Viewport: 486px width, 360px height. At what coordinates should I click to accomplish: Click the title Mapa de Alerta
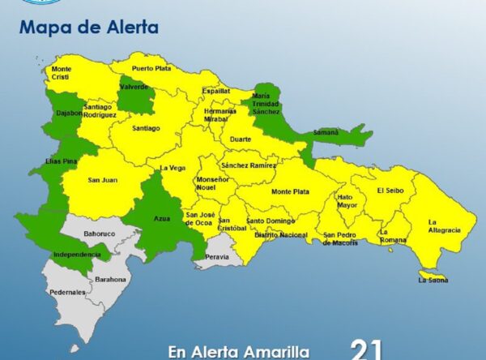click(x=89, y=28)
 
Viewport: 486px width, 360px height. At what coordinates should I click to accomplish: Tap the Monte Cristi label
click(x=62, y=73)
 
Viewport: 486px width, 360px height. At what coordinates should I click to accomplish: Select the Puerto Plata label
click(x=151, y=68)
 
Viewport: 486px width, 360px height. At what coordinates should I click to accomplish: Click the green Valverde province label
click(x=134, y=87)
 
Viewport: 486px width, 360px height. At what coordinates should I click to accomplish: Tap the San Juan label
click(x=100, y=179)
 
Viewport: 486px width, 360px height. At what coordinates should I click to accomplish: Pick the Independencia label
click(x=77, y=254)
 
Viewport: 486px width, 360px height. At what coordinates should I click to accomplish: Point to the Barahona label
click(x=110, y=279)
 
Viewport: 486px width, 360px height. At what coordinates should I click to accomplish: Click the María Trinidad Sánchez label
click(x=266, y=104)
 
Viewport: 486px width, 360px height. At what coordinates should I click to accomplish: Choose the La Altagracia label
click(x=444, y=225)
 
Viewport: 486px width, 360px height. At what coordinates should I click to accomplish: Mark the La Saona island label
click(x=433, y=281)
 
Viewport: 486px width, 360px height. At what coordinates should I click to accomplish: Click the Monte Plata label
click(x=289, y=191)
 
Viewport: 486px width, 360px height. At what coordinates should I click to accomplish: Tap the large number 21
click(x=366, y=349)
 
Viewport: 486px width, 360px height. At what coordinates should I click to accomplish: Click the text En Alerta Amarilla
click(x=238, y=352)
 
